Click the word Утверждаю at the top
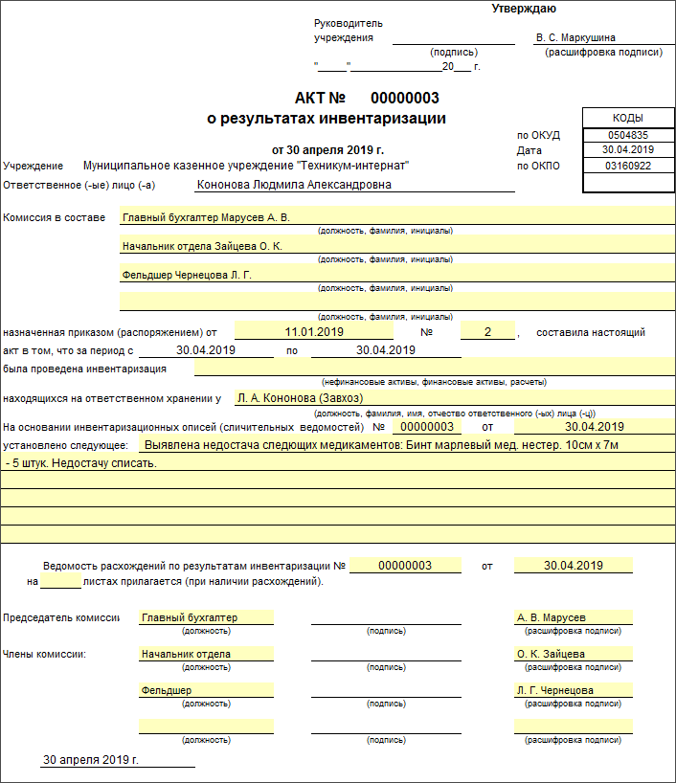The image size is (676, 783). click(x=524, y=10)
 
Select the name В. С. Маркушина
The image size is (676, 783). click(x=575, y=38)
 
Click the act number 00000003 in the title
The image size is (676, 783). click(x=404, y=99)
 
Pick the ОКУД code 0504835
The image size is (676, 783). click(x=627, y=135)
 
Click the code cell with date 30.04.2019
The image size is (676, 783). click(x=627, y=150)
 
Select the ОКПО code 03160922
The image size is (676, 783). click(x=627, y=166)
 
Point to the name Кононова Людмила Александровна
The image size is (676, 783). click(x=293, y=185)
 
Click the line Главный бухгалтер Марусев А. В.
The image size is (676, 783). click(x=205, y=217)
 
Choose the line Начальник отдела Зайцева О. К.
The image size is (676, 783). click(x=202, y=246)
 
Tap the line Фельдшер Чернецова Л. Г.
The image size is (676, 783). click(x=192, y=275)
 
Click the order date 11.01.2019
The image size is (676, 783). click(x=314, y=332)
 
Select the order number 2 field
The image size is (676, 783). click(x=487, y=332)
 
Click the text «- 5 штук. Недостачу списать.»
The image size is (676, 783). click(x=80, y=463)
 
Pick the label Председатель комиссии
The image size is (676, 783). click(x=61, y=617)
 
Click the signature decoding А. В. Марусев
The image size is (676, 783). click(x=551, y=617)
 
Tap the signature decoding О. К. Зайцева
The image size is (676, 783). click(x=551, y=654)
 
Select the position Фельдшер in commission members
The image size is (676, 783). click(x=166, y=690)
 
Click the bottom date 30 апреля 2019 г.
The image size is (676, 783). click(x=91, y=760)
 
